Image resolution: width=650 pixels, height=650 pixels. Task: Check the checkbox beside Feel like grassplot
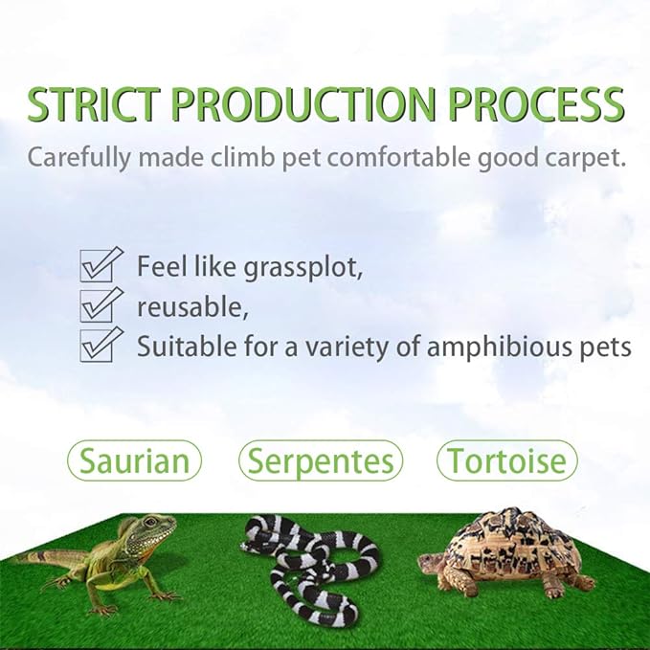click(x=101, y=264)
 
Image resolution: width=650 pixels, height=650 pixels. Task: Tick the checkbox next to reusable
click(x=101, y=304)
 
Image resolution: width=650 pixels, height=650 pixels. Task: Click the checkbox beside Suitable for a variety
click(x=101, y=344)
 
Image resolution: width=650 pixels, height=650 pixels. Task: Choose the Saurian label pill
click(x=134, y=461)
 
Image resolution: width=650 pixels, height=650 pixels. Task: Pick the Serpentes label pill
click(x=321, y=461)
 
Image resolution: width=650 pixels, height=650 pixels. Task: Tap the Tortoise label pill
click(x=507, y=461)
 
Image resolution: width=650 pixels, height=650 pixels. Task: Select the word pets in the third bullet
click(x=604, y=346)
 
